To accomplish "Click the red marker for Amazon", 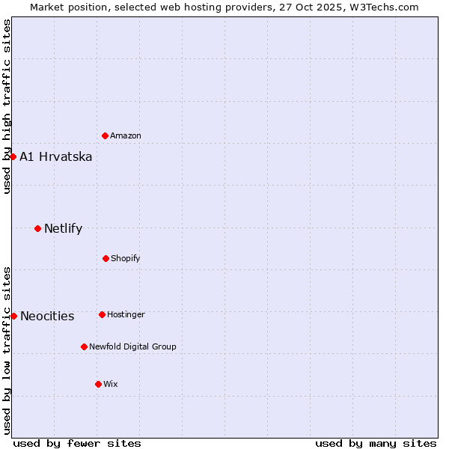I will [x=106, y=135].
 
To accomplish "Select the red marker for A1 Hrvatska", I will [x=13, y=156].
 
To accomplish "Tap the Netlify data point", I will [x=37, y=228].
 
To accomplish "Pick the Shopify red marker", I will [x=106, y=258].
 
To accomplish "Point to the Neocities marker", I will [x=13, y=316].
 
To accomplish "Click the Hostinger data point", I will [x=102, y=314].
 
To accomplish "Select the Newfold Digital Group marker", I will [x=84, y=346].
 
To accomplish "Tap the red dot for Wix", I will [x=98, y=384].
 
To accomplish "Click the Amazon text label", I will [x=126, y=135].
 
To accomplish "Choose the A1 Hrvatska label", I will [x=56, y=156].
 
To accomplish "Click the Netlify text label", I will [x=64, y=228].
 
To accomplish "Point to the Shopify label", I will [x=126, y=258].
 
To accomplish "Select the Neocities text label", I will [x=47, y=316].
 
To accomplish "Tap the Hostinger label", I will [x=126, y=314].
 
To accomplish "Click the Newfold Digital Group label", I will [x=132, y=346].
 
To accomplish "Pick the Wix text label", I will [x=111, y=384].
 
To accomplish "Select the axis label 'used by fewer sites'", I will [x=77, y=443].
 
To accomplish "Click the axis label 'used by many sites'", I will [x=376, y=443].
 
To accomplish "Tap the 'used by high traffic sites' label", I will [x=7, y=106].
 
